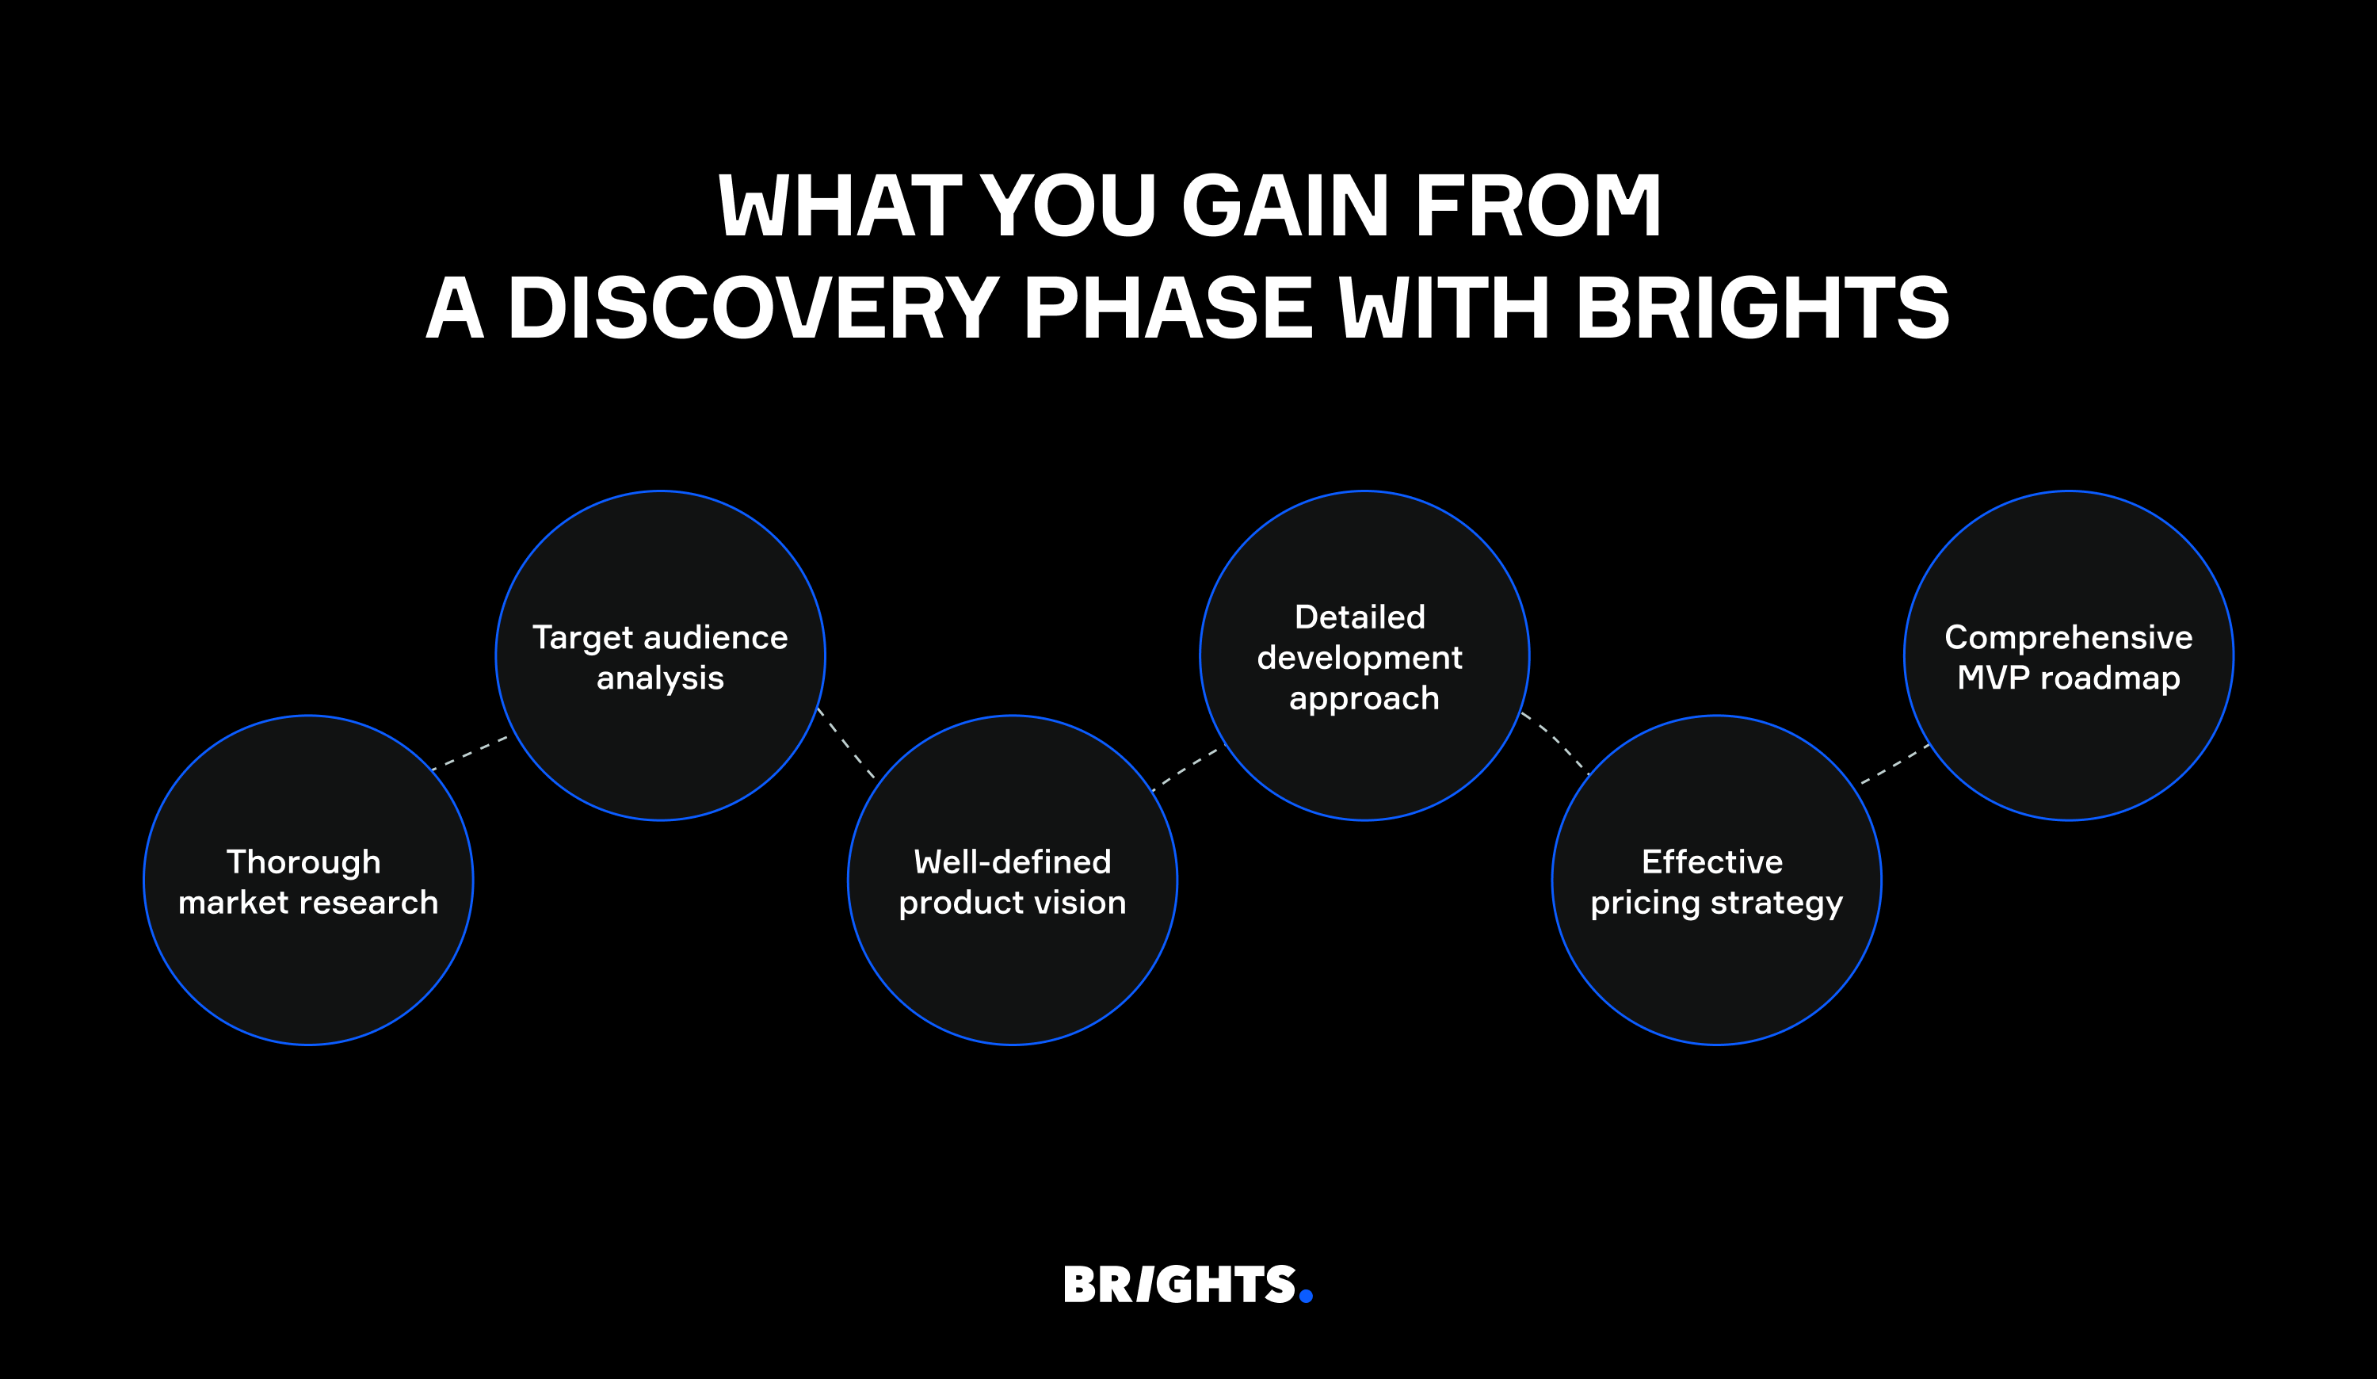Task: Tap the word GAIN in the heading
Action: (x=1286, y=204)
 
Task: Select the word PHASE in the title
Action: (x=1168, y=308)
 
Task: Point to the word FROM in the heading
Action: (x=1537, y=204)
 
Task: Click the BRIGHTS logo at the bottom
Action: (x=1188, y=1285)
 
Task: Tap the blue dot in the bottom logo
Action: (x=1306, y=1296)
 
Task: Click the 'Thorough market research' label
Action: (x=308, y=882)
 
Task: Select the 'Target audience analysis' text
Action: (x=660, y=658)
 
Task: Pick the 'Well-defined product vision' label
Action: (x=1012, y=882)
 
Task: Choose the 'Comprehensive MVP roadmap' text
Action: (x=2069, y=658)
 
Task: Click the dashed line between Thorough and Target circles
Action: (x=470, y=754)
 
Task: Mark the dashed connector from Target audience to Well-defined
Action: (x=846, y=743)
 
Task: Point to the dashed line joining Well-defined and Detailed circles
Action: (x=1185, y=770)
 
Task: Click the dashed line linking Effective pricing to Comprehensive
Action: (x=1895, y=764)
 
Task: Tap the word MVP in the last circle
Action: (x=1993, y=678)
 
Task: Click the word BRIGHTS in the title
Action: (x=1762, y=308)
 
